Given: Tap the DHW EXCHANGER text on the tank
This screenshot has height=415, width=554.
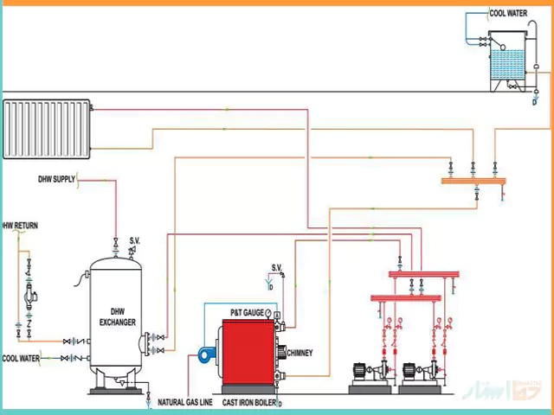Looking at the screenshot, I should click(x=118, y=316).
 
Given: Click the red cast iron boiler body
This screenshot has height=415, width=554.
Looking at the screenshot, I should click(x=248, y=354).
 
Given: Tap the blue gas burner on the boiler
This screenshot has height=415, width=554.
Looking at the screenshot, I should click(x=205, y=352).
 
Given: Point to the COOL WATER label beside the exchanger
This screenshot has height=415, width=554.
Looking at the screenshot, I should click(x=20, y=357).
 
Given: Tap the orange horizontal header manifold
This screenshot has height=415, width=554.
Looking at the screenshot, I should click(x=473, y=182).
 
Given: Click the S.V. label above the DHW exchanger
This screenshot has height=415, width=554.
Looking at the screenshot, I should click(x=135, y=239).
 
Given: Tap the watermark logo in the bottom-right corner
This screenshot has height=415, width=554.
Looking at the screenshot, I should click(x=511, y=393).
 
